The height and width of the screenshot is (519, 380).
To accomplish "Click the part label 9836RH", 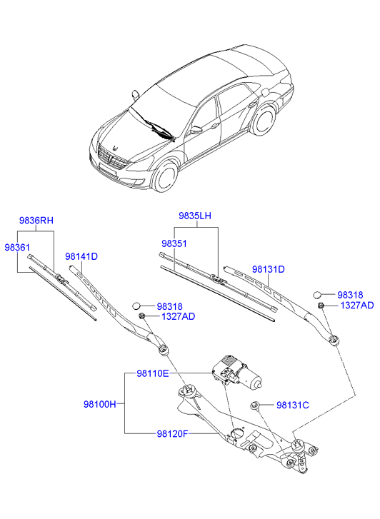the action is pos(36,221).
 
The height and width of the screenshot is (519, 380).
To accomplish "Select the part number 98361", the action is pos(17,247).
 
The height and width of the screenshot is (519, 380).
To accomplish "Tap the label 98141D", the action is pos(81,256).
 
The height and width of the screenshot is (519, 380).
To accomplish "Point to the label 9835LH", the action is pos(195,216).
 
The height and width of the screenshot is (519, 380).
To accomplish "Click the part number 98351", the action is pos(174,243).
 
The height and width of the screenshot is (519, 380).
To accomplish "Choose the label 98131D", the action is pos(269,269).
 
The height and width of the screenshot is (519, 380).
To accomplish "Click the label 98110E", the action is pos(153,373).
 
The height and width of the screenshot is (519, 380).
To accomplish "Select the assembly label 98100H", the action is pos(100,404).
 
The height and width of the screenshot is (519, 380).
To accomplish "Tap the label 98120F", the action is pos(172,433).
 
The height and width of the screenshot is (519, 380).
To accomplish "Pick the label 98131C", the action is pos(293,405).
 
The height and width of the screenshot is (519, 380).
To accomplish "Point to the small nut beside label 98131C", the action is pos(254,405).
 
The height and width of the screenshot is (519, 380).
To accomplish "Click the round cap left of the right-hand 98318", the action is pos(317,294).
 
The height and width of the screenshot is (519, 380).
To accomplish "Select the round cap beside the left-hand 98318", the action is pos(136,306).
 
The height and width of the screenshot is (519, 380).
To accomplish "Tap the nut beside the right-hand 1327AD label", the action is pos(321,305).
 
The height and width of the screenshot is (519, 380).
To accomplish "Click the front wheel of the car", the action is pos(164,177).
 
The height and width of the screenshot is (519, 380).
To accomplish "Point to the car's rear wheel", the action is pos(264,119).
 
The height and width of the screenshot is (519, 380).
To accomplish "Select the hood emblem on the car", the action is pos(116,148).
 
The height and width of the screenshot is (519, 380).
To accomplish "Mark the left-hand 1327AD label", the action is pos(179,316).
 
